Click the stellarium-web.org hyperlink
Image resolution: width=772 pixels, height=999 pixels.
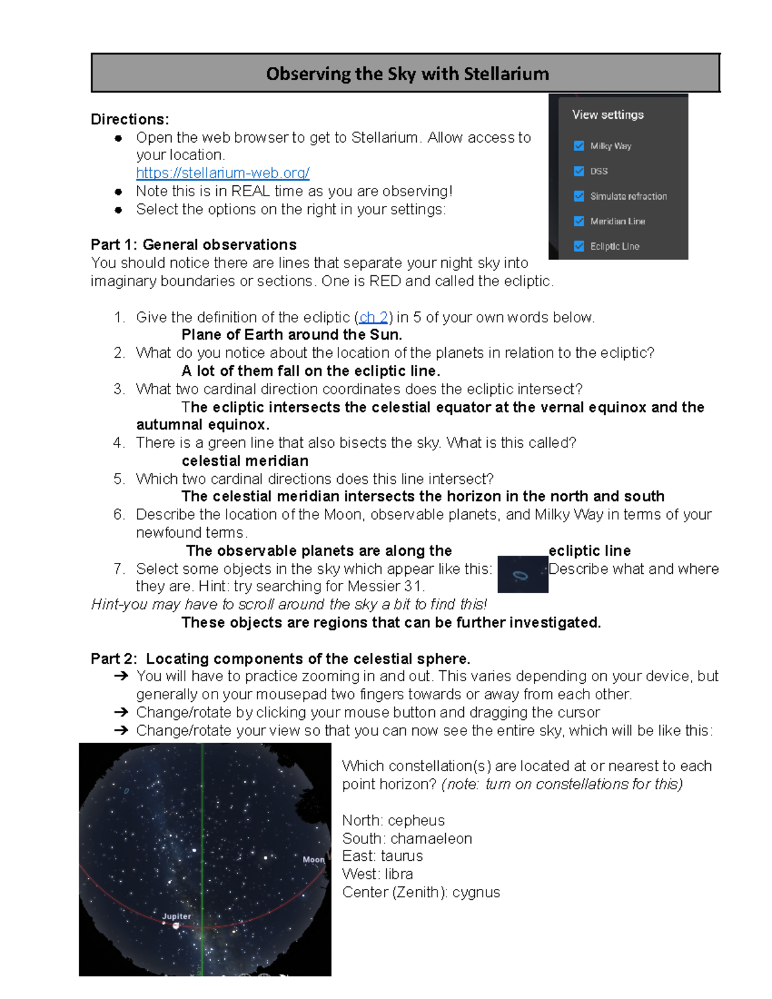tap(223, 173)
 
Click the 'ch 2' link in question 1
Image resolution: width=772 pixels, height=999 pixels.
tap(373, 317)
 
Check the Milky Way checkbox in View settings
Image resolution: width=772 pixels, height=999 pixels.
tap(579, 146)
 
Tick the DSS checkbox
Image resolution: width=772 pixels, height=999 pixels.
tap(579, 171)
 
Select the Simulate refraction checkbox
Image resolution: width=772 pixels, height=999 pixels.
tap(579, 196)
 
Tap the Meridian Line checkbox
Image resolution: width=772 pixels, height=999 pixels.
tap(579, 221)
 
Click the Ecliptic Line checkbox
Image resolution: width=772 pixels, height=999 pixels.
tap(579, 246)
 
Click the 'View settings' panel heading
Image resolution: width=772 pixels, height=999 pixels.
tap(607, 115)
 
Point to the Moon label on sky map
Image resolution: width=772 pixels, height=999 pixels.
tap(313, 859)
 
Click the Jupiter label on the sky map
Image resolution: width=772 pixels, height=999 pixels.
tap(176, 916)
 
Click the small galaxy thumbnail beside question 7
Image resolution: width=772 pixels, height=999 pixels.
tap(522, 574)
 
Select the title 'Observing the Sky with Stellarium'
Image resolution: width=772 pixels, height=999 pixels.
tap(407, 74)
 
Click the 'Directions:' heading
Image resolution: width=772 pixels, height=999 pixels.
tap(130, 120)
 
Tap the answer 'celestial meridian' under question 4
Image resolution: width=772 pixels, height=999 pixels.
tap(245, 461)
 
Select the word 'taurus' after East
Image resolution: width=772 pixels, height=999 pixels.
tap(401, 856)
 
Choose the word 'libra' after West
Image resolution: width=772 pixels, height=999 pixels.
tap(399, 874)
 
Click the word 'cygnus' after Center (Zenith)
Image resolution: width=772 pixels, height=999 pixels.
tap(476, 892)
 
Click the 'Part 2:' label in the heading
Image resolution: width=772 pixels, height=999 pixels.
tap(114, 659)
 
